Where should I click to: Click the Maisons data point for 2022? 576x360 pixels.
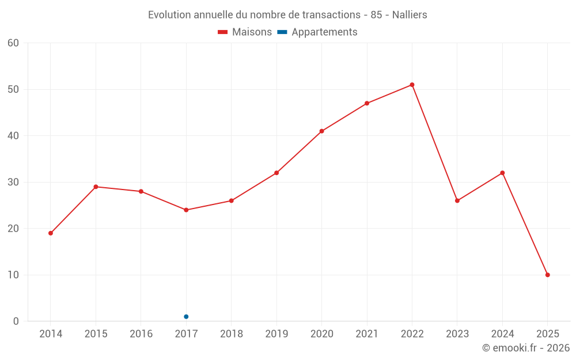coord(412,85)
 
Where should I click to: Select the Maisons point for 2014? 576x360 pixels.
coord(51,233)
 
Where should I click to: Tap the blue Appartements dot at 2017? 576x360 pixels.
coord(186,317)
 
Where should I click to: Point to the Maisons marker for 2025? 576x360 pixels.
coord(547,275)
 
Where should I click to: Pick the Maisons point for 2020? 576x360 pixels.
coord(321,131)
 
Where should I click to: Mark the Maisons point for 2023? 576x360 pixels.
coord(457,200)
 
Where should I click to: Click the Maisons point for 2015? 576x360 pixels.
coord(96,187)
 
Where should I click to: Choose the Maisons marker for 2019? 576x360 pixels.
coord(276,173)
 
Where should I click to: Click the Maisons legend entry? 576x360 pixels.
coord(245,32)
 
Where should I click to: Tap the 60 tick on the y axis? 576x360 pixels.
coord(13,43)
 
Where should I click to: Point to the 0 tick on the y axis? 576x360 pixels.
coord(16,321)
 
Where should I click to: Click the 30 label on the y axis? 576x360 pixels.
coord(13,182)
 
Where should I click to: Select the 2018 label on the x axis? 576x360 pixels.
coord(231,334)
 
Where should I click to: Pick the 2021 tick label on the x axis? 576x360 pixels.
coord(367,334)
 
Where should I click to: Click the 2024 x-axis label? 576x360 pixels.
coord(502,334)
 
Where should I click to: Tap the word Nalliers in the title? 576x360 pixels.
coord(410,15)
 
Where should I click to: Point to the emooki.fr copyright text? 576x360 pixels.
coord(525,348)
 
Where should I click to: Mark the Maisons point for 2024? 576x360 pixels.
coord(502,173)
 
